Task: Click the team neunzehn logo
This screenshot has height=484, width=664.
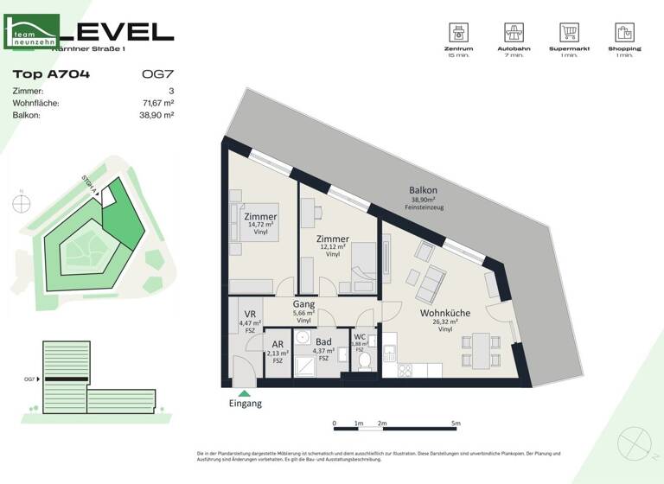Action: point(32,32)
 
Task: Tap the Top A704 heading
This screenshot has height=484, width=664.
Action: point(52,74)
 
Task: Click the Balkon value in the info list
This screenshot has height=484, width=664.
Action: point(156,115)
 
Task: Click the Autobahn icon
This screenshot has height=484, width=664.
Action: point(515,33)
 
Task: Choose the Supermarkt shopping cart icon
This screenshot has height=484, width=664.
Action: point(569,33)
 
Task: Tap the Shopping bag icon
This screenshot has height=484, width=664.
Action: point(624,33)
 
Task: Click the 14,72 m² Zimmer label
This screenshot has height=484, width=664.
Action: point(260,217)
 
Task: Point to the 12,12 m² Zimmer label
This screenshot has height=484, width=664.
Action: point(333,239)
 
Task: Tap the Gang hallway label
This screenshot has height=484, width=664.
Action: point(303,305)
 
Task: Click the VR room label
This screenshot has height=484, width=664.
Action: point(249,315)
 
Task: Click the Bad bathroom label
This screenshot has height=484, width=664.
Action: point(323,342)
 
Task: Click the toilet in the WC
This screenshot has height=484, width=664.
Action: point(364,360)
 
